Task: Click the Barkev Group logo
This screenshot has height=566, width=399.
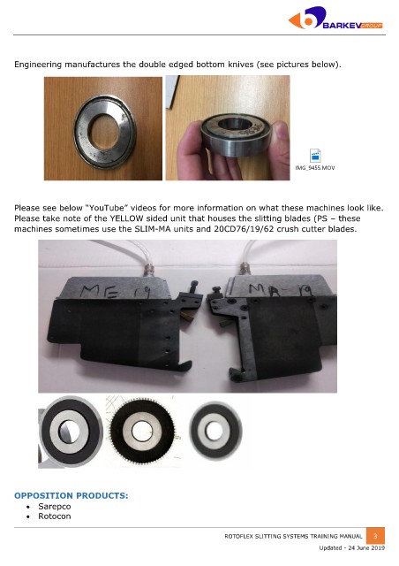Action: click(335, 18)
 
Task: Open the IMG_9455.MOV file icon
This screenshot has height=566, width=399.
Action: click(315, 156)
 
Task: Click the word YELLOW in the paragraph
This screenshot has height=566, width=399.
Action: click(124, 218)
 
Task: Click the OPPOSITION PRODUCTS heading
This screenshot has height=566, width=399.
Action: click(71, 495)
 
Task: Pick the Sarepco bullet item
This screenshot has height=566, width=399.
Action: click(55, 506)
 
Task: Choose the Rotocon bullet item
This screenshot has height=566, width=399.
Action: click(55, 516)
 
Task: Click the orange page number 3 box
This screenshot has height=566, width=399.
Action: click(375, 536)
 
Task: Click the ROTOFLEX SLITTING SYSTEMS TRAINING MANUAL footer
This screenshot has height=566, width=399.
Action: click(293, 537)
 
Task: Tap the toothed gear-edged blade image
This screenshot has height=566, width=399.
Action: click(143, 431)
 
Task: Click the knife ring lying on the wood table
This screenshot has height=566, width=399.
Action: click(104, 132)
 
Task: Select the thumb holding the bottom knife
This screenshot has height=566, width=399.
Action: click(281, 137)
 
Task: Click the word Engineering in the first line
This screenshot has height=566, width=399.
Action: click(38, 65)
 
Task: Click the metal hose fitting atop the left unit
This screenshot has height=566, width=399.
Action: click(148, 270)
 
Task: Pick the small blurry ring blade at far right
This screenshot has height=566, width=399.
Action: click(215, 431)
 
